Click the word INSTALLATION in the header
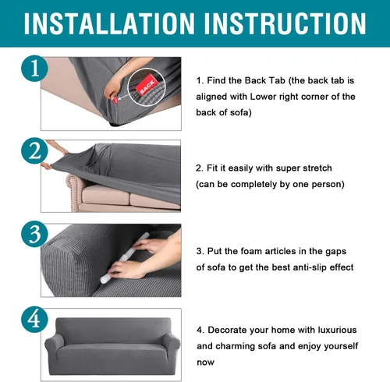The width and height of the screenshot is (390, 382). click(x=109, y=23)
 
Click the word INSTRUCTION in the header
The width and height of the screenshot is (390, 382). click(x=285, y=23)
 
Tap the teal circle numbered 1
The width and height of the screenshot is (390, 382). click(x=34, y=69)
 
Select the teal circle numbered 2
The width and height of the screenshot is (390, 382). click(x=34, y=150)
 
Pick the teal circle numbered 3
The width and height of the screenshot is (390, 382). click(x=34, y=234)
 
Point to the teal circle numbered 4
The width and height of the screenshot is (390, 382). click(x=34, y=320)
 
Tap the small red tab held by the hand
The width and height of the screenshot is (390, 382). click(x=115, y=101)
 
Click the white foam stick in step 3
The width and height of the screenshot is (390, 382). click(x=124, y=258)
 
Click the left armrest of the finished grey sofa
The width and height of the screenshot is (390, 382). click(x=54, y=345)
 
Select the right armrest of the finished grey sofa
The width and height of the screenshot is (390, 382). click(x=171, y=345)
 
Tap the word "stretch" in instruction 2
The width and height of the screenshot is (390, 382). click(x=317, y=168)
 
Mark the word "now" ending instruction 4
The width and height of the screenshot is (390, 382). click(x=205, y=363)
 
